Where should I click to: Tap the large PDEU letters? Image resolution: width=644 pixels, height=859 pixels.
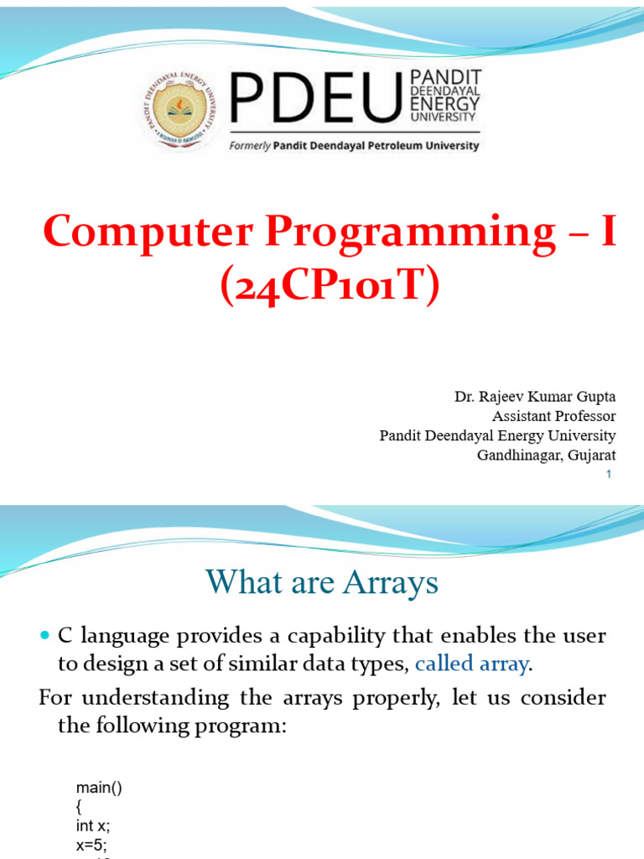coord(316,97)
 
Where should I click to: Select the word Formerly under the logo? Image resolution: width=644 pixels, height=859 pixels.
coord(249,146)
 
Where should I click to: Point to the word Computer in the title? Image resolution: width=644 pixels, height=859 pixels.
coord(148,232)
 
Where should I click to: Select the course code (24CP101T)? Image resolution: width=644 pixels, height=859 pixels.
coord(330,285)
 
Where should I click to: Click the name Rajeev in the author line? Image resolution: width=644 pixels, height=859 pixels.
coord(501,397)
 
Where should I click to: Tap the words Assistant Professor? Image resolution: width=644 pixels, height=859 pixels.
coord(553,416)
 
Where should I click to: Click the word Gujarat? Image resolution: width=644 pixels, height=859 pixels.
coord(592,456)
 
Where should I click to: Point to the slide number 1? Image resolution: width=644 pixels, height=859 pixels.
coord(609,475)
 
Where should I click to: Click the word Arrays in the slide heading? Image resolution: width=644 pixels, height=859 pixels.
coord(391,582)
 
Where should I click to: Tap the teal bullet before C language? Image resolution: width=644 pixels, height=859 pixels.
coord(45,636)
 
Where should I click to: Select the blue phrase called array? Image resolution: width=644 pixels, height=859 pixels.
coord(472,664)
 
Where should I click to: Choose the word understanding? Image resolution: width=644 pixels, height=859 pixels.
coord(155,699)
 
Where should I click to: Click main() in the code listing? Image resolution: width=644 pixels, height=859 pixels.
coord(99,788)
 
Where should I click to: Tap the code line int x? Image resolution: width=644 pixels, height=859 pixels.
coord(93,825)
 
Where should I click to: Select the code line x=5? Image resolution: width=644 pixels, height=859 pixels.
coord(91,844)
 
